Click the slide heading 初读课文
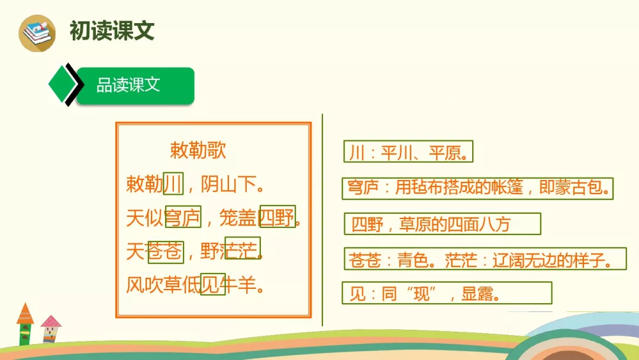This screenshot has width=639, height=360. pos(112,31)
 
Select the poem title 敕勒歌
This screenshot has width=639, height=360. pos(198,150)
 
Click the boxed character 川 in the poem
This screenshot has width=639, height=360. pos(173,184)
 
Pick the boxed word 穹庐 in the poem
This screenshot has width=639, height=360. pos(183,218)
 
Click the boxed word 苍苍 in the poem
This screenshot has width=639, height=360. pos(166,252)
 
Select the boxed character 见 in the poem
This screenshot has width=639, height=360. pos(212,285)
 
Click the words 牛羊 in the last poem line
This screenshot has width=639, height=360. pos(240,285)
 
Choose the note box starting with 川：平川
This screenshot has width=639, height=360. pos(408,152)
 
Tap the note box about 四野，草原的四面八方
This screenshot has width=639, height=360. pos(442,224)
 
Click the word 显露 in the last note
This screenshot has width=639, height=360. pos(473,293)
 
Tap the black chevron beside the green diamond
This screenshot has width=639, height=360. pos(73,85)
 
